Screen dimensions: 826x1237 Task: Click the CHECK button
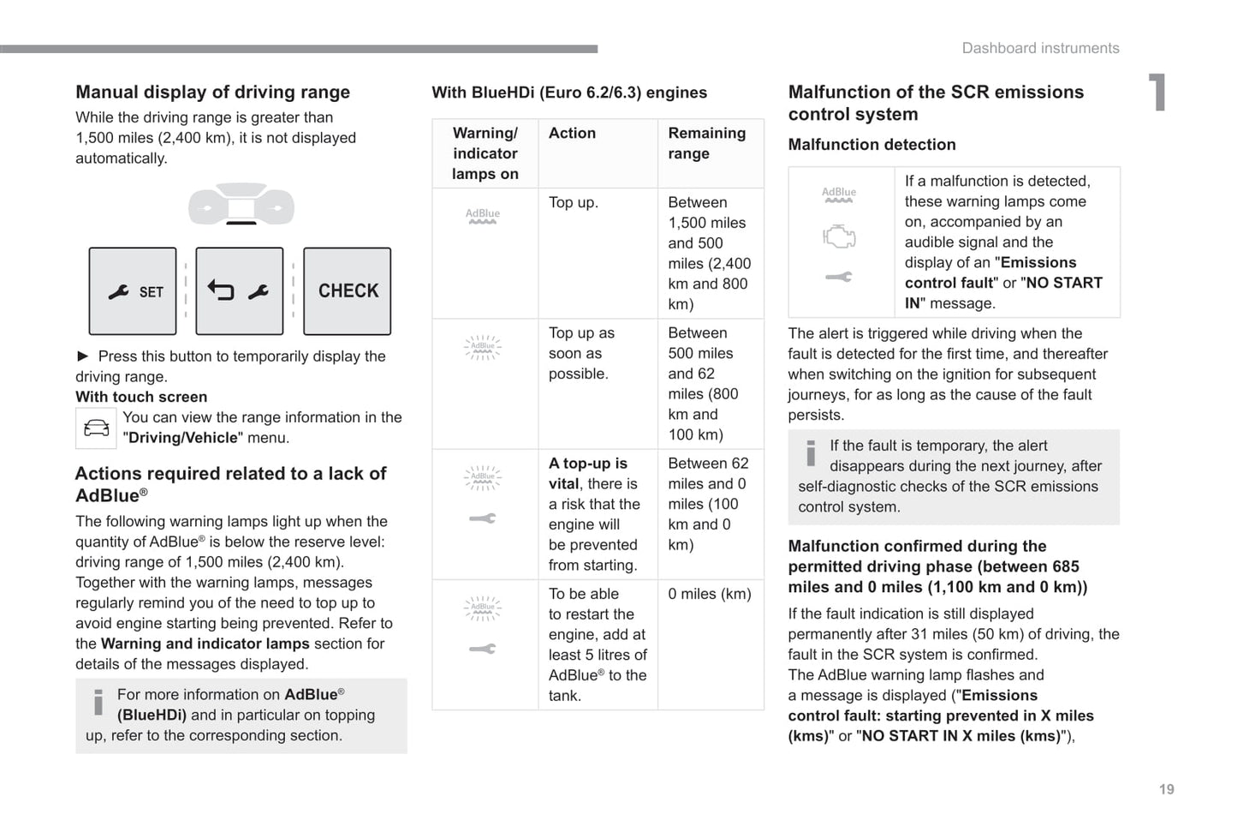(348, 291)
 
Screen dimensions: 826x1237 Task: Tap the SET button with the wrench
(133, 291)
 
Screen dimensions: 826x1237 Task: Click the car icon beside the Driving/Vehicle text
(96, 428)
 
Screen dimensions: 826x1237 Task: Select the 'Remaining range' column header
(707, 143)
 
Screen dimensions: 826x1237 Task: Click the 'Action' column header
(572, 133)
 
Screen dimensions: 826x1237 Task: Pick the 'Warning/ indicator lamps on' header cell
(485, 153)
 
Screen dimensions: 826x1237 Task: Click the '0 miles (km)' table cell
(710, 594)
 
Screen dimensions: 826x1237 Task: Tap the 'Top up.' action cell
(574, 202)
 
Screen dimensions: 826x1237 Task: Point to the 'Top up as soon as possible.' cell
(582, 353)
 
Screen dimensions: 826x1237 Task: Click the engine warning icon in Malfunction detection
(839, 236)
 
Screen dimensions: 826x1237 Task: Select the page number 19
(1167, 789)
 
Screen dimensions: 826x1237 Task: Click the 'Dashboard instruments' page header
(1040, 48)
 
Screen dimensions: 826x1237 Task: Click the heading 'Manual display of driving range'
(212, 92)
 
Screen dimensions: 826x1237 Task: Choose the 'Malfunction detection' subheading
(871, 145)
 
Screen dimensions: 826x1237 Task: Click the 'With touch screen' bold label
(141, 397)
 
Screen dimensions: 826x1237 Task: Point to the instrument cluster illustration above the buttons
(241, 205)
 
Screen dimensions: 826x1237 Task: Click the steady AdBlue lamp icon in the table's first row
(483, 216)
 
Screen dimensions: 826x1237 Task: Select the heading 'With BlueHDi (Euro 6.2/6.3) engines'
(569, 93)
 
